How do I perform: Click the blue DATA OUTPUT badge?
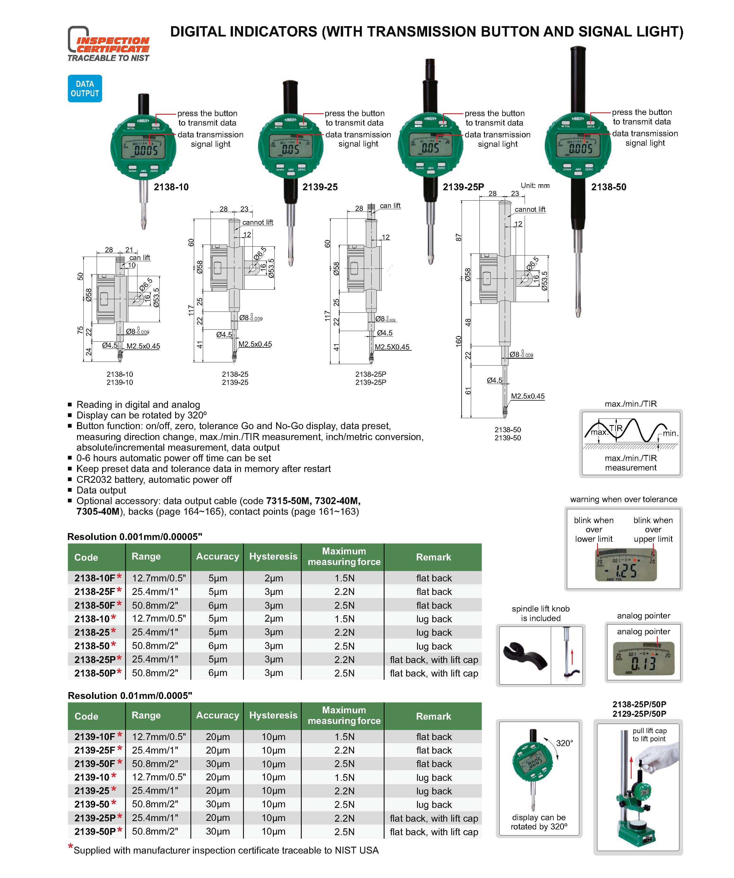coord(85,89)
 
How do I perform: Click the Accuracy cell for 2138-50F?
coord(218,605)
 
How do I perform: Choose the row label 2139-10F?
coord(95,737)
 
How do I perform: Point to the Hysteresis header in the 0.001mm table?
coord(273,556)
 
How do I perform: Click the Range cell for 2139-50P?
coord(155,832)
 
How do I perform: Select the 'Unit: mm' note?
coord(535,186)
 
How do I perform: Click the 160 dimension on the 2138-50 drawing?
coord(459,341)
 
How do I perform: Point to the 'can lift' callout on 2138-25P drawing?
coord(390,206)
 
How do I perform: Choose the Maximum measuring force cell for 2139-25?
coord(344,791)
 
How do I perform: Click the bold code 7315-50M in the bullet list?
coord(288,501)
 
